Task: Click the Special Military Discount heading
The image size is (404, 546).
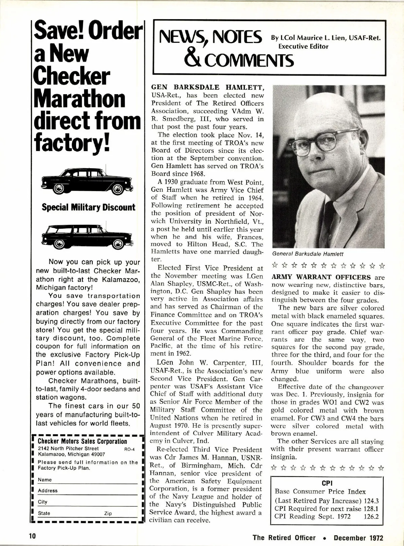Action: tap(89, 207)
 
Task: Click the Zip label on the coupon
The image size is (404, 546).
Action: tap(108, 513)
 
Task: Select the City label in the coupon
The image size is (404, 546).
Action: tap(43, 502)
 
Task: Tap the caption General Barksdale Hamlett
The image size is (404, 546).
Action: tap(308, 254)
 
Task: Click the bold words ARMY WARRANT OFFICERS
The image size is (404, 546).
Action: tap(321, 278)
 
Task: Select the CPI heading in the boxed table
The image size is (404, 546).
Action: tap(327, 483)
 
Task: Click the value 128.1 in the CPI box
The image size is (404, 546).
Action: tap(371, 509)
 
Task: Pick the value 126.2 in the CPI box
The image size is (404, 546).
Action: tap(371, 516)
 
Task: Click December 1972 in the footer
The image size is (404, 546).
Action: tap(359, 538)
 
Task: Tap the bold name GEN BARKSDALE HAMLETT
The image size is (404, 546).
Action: tap(207, 87)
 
